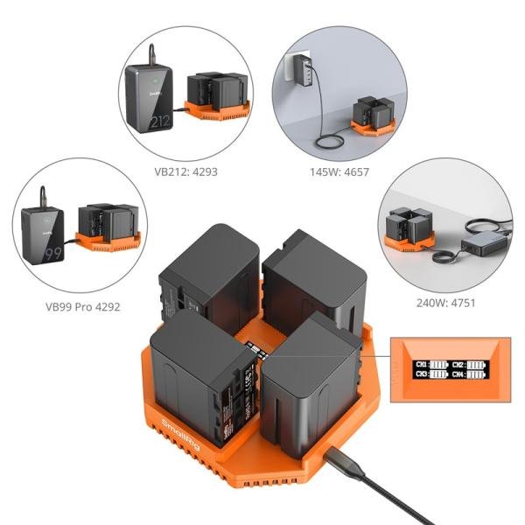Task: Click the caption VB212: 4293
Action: pos(185,172)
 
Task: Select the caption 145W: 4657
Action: pos(344,172)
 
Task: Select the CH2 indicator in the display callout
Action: pos(467,364)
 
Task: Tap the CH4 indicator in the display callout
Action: pos(467,374)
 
